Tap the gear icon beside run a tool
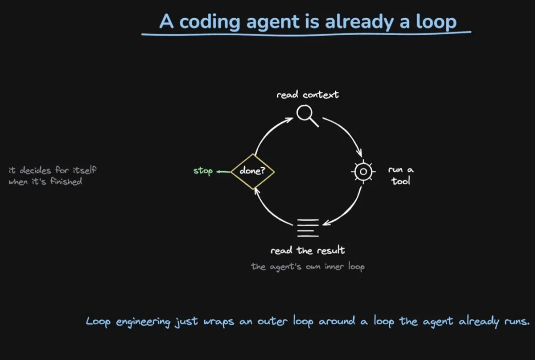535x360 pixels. (x=363, y=172)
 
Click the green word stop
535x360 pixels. (x=203, y=171)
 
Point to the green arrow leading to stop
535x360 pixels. (x=223, y=171)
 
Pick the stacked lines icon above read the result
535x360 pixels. (x=308, y=228)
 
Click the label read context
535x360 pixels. (x=308, y=95)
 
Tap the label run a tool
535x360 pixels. (x=401, y=175)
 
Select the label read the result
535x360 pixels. (x=308, y=250)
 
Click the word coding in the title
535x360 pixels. (x=210, y=22)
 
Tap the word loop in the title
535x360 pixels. (x=436, y=22)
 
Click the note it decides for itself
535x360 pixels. (x=53, y=170)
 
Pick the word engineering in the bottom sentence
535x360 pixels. (x=143, y=322)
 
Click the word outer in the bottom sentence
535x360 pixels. (x=272, y=322)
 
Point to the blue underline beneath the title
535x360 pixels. (x=306, y=34)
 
